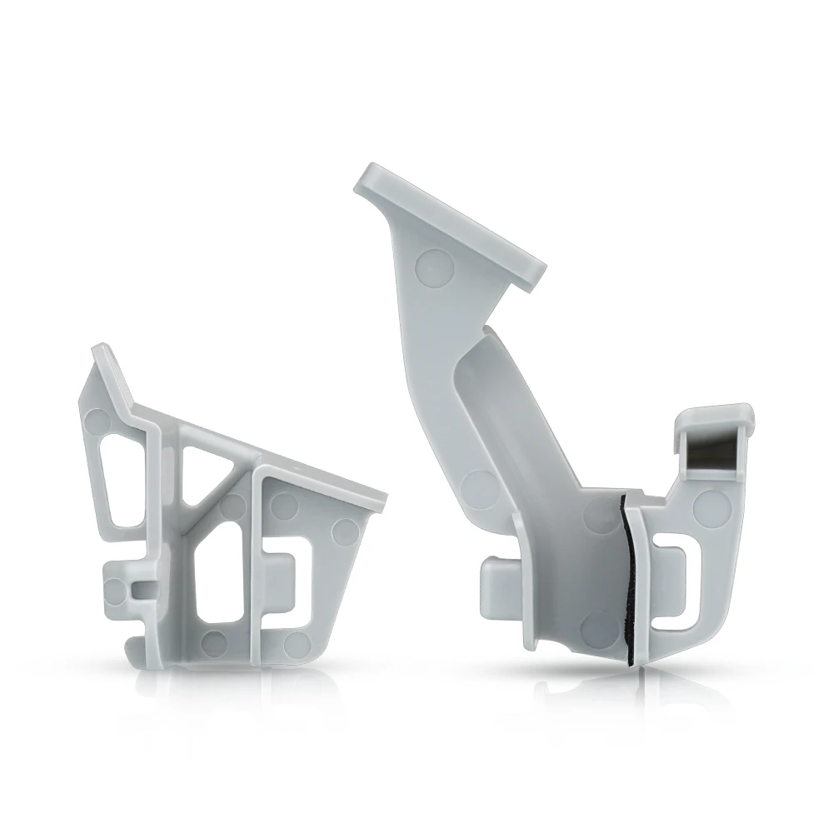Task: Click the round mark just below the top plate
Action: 434,266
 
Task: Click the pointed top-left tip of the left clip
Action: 100,350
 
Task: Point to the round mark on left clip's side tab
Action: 115,592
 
